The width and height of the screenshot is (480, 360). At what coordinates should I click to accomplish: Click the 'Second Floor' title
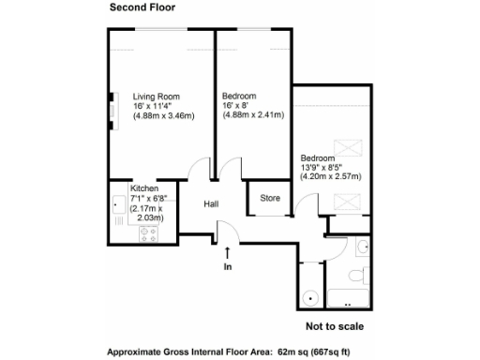click(142, 8)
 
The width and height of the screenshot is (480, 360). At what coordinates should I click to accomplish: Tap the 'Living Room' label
click(156, 97)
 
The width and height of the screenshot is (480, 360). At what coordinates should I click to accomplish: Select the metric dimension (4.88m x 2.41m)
click(251, 116)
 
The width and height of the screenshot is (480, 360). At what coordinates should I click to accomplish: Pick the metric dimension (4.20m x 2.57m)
click(330, 176)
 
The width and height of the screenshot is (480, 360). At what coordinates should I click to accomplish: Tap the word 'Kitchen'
click(145, 187)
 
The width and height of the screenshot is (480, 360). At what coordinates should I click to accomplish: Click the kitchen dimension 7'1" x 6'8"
click(149, 198)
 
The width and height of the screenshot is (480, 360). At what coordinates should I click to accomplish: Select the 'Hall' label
click(213, 204)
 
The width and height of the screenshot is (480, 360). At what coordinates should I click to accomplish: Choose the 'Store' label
click(270, 198)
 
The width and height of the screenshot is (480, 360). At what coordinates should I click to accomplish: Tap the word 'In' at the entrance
click(227, 266)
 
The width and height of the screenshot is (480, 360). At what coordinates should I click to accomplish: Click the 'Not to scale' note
click(334, 326)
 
